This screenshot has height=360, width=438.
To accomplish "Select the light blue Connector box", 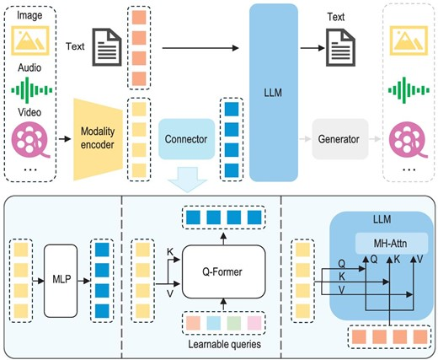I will (187, 139).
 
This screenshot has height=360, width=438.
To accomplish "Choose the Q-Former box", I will (217, 272).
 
